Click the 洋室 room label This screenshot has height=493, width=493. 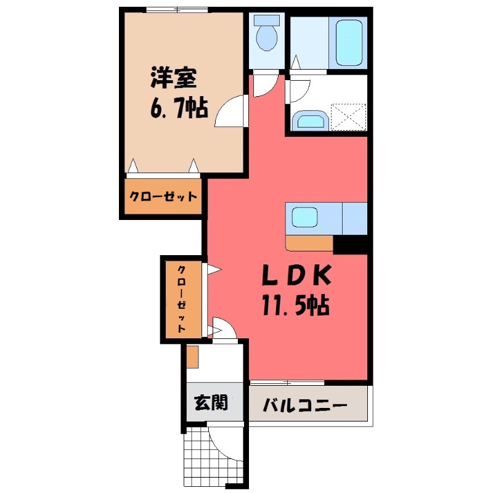[x=173, y=79]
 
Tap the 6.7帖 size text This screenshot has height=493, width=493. [x=177, y=109]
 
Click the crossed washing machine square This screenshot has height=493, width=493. [x=348, y=116]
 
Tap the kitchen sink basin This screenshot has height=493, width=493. [x=304, y=218]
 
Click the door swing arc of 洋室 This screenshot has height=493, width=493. [x=229, y=112]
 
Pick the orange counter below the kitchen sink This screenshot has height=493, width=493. [x=310, y=243]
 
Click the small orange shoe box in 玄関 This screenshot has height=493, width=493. [x=192, y=356]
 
